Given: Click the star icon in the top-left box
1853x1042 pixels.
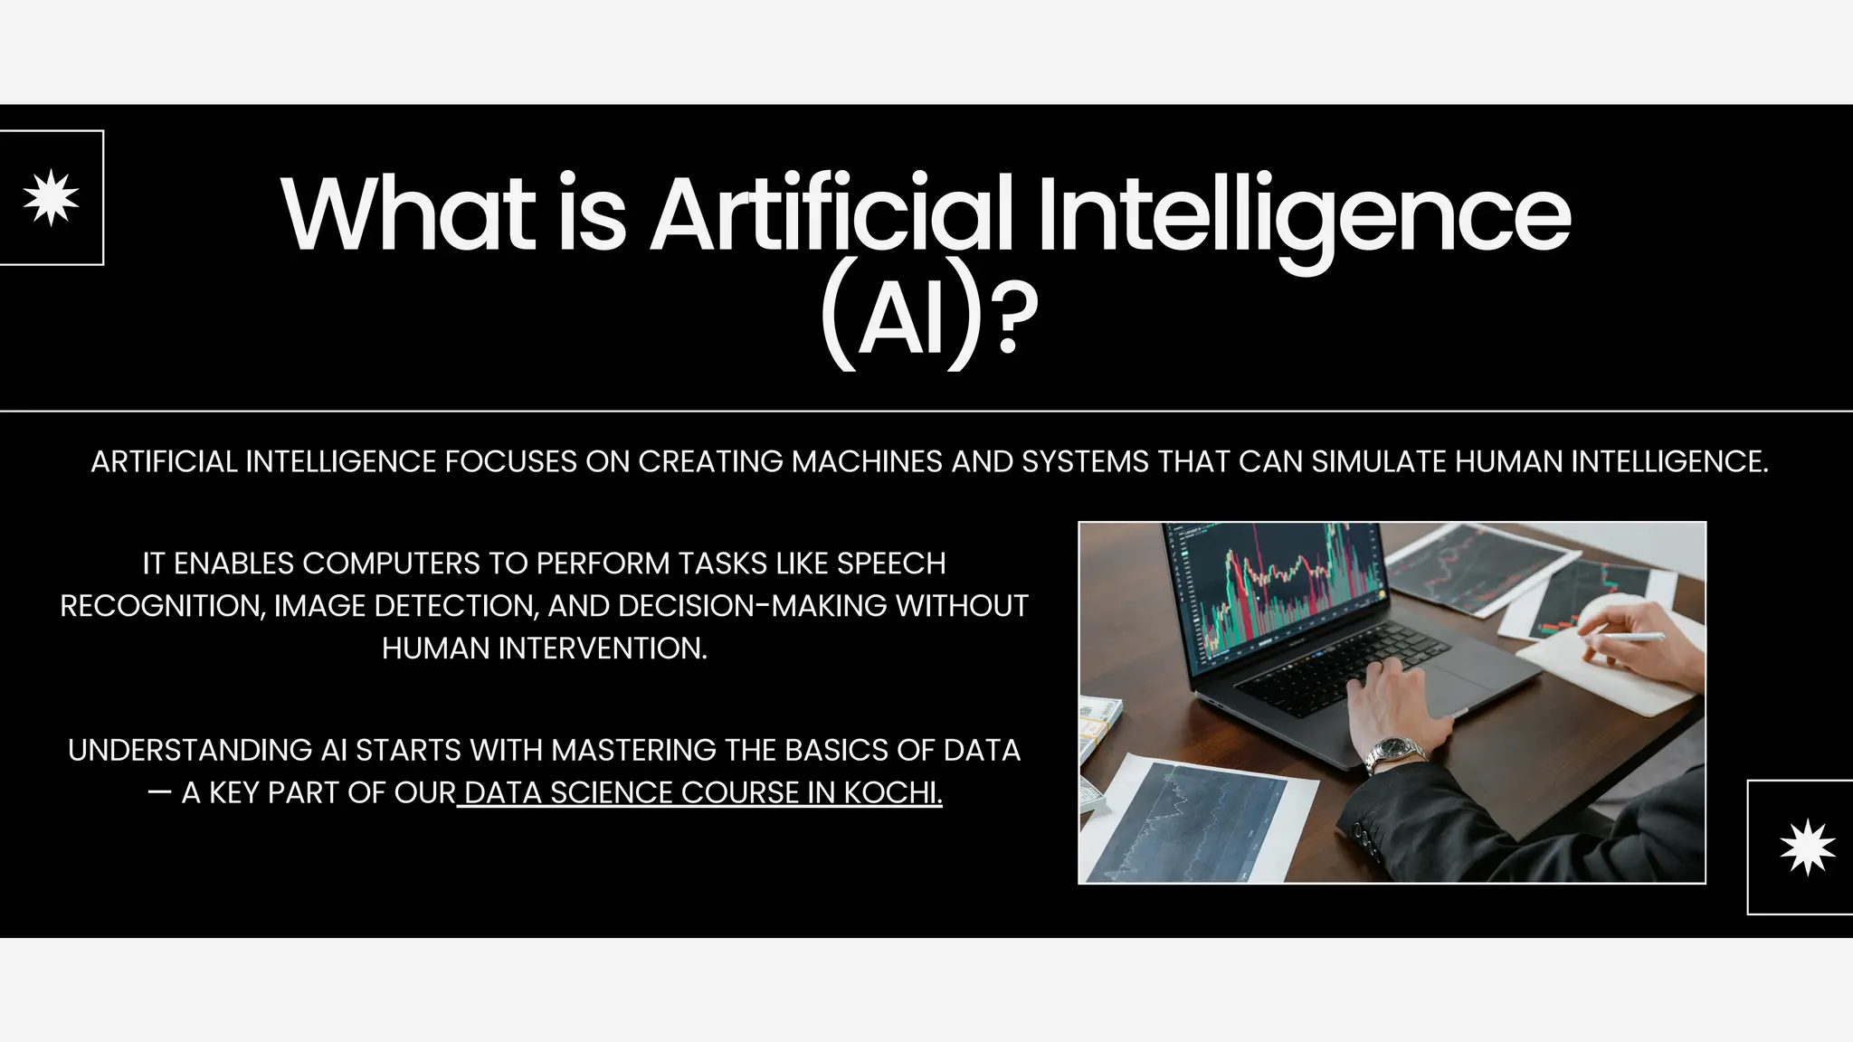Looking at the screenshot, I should pos(51,197).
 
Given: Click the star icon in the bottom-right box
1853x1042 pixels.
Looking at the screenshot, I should pos(1807,847).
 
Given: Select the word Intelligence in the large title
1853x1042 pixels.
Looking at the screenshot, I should pos(1304,215).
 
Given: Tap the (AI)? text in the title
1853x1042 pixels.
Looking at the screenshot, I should pos(928,322).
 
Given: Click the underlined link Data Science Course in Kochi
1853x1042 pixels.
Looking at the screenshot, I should pos(702,792).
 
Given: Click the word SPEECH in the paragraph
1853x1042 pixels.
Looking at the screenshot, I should pos(890,564).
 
